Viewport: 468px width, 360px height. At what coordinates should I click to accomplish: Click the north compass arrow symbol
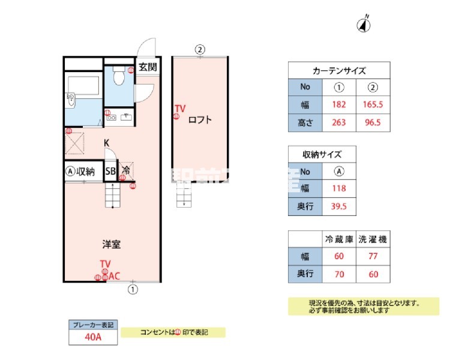pyautogui.click(x=364, y=25)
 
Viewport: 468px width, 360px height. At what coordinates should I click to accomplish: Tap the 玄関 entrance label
pyautogui.click(x=148, y=67)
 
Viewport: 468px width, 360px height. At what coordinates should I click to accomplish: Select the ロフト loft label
pyautogui.click(x=200, y=119)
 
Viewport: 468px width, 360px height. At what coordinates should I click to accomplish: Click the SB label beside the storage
pyautogui.click(x=110, y=172)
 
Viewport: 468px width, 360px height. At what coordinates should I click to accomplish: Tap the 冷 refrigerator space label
pyautogui.click(x=126, y=171)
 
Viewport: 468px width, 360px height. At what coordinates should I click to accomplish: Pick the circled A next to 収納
pyautogui.click(x=70, y=172)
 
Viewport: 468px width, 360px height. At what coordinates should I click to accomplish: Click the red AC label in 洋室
pyautogui.click(x=113, y=276)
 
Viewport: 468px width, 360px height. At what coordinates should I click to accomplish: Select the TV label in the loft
pyautogui.click(x=180, y=109)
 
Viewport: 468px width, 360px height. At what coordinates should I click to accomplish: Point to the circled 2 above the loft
pyautogui.click(x=200, y=50)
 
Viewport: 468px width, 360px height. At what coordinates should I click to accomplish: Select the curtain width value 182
pyautogui.click(x=339, y=105)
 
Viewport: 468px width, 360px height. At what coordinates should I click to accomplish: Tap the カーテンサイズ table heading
pyautogui.click(x=339, y=70)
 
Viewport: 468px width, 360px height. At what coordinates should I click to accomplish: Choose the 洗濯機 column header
pyautogui.click(x=373, y=239)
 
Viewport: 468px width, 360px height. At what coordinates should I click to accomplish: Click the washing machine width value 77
pyautogui.click(x=373, y=256)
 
